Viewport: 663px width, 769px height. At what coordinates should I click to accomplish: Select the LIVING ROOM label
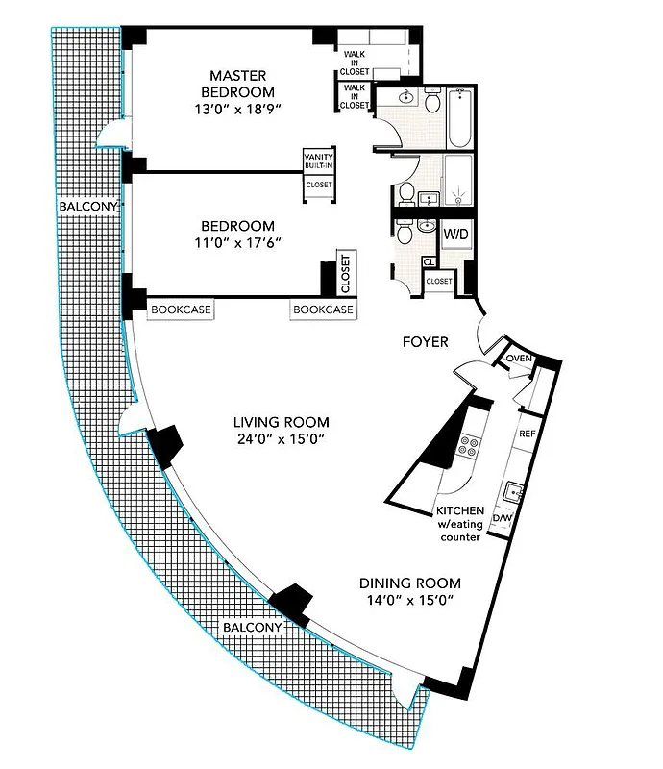[282, 422]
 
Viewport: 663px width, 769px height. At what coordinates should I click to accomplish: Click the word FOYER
[424, 340]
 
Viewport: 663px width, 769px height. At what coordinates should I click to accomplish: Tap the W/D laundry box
[454, 234]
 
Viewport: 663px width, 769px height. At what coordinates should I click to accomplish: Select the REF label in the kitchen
[527, 434]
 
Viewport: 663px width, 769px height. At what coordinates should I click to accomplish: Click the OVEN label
[519, 359]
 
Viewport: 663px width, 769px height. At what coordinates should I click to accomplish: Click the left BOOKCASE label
[181, 310]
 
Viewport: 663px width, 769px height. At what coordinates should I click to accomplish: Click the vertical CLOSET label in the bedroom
[345, 273]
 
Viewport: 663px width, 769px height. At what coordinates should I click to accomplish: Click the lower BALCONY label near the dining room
[252, 628]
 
